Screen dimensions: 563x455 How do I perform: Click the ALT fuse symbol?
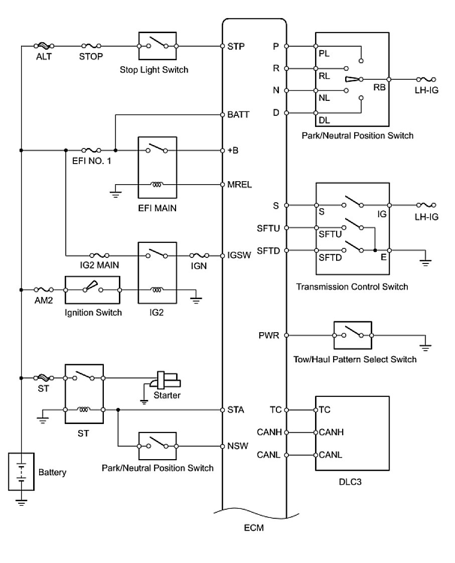43,46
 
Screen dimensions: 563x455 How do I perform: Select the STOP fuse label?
91,57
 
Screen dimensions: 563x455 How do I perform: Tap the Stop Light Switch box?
157,46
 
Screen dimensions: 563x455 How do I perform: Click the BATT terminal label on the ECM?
238,115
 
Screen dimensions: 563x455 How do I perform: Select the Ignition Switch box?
93,290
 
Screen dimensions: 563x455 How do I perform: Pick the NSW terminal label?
237,446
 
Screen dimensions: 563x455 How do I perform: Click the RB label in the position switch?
379,87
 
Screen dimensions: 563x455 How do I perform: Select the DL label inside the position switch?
324,121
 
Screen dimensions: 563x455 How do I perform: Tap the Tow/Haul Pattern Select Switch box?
353,335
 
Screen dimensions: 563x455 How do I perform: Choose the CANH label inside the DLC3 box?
330,433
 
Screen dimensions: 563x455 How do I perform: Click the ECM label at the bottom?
254,528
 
